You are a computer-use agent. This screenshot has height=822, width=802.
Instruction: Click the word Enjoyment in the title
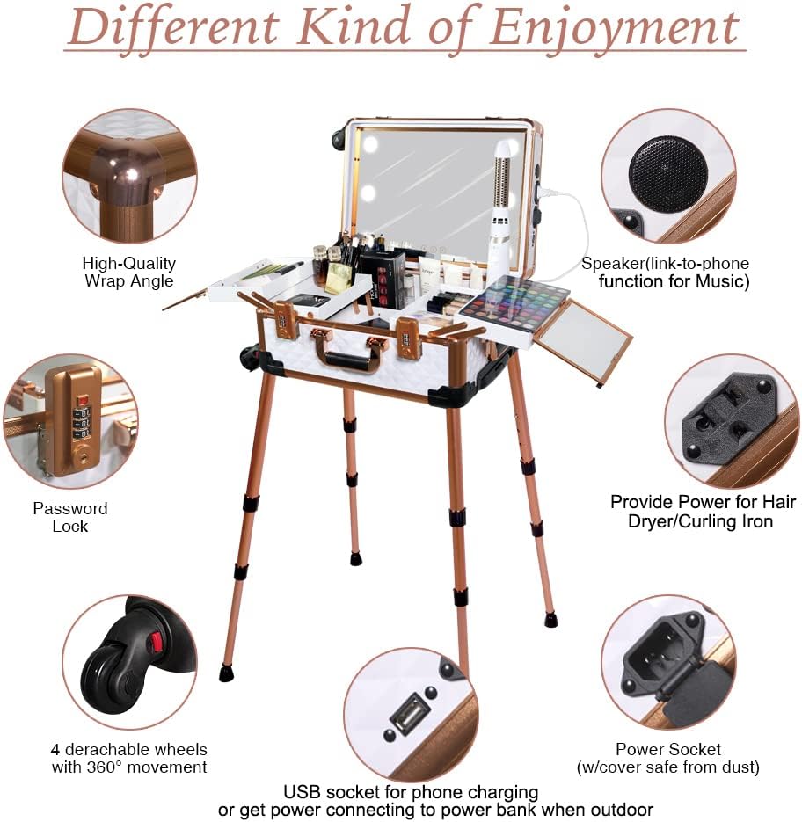(615, 27)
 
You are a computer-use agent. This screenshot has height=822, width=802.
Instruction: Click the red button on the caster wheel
(155, 641)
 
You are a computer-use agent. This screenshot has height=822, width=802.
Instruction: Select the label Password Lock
(70, 517)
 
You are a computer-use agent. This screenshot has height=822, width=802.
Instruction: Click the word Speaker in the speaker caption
(609, 263)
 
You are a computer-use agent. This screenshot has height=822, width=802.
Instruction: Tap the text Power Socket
(667, 749)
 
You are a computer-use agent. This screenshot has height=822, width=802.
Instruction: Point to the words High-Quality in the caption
(129, 263)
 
